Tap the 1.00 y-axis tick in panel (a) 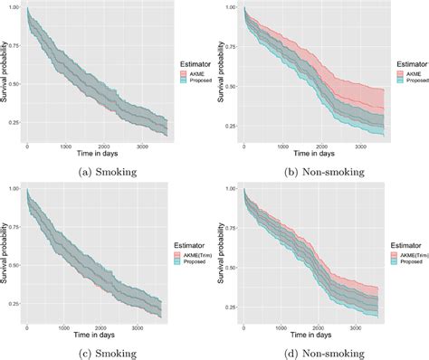coord(14,8)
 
